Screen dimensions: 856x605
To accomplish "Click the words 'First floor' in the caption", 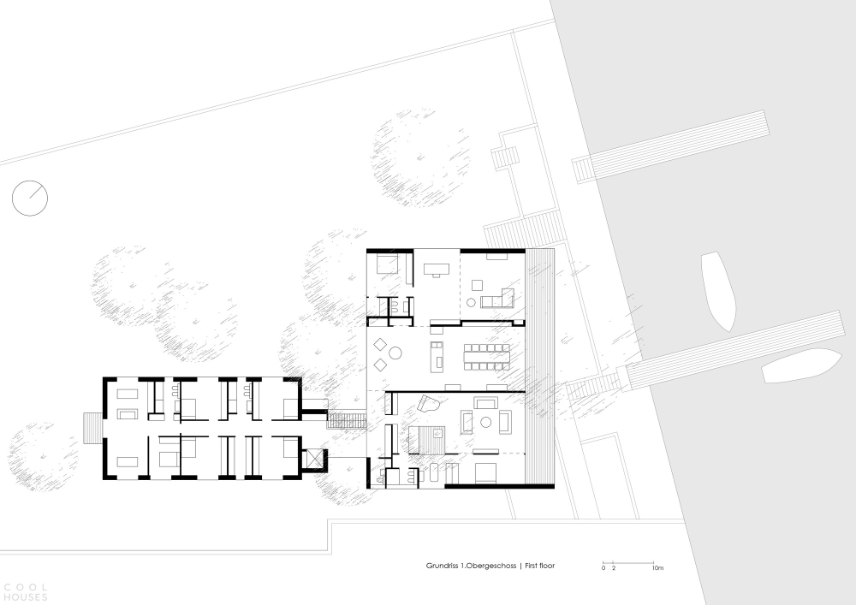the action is tap(540, 566).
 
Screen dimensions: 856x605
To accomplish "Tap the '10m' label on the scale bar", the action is tap(657, 568).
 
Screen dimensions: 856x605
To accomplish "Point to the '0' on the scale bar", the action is tap(603, 568).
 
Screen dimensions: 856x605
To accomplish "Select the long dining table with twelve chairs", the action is tap(487, 355).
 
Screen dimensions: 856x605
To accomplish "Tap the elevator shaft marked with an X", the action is tap(316, 460).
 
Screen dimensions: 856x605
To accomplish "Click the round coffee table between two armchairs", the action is tap(485, 421).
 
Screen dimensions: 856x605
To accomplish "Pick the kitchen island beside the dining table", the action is tap(437, 356).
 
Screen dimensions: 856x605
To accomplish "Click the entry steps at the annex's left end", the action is tap(92, 427).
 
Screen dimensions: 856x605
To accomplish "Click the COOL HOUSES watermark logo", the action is tap(26, 592).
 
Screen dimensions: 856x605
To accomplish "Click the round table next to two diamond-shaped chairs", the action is tap(395, 353).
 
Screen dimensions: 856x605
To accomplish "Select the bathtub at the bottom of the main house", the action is tap(434, 472).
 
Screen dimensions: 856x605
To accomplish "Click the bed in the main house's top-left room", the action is tap(389, 264).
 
